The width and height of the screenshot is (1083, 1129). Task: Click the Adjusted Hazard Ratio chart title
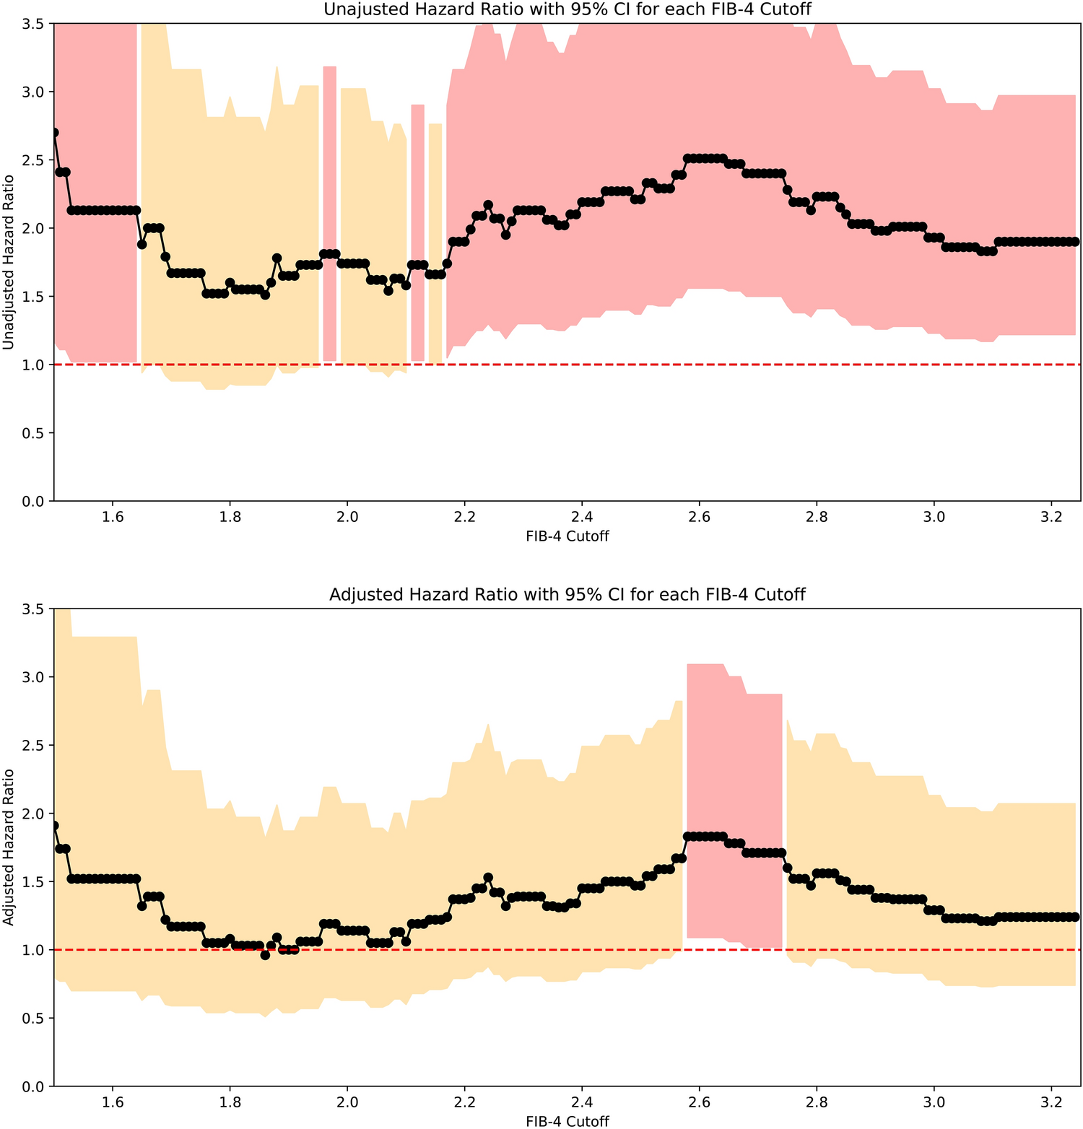pos(567,594)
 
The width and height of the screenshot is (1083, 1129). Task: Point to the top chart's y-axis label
pos(9,261)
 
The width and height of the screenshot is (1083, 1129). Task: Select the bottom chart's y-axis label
pos(9,847)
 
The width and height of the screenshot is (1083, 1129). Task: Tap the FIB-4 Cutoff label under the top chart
pos(567,536)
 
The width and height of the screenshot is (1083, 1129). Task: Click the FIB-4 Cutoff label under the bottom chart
pos(567,1121)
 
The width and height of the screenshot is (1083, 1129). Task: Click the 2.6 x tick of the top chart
pos(699,517)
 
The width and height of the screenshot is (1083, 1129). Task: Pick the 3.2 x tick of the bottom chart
pos(1051,1102)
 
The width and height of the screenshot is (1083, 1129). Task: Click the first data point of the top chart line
pos(54,133)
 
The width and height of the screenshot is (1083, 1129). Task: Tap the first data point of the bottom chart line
pos(54,825)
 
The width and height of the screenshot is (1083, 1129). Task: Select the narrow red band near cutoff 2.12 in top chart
pos(417,231)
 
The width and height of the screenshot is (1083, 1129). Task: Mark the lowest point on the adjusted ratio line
pos(265,955)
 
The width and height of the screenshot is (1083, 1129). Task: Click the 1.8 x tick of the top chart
pos(230,517)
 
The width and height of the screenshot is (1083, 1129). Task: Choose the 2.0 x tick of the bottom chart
pos(347,1102)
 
